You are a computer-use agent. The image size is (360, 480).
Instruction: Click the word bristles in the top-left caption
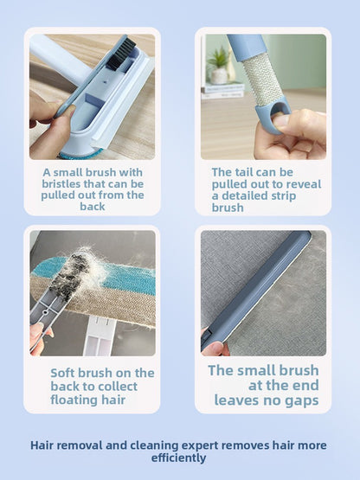[65, 183]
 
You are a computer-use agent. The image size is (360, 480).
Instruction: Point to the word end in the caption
[304, 386]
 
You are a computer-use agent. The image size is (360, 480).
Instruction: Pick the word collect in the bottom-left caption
[131, 387]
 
